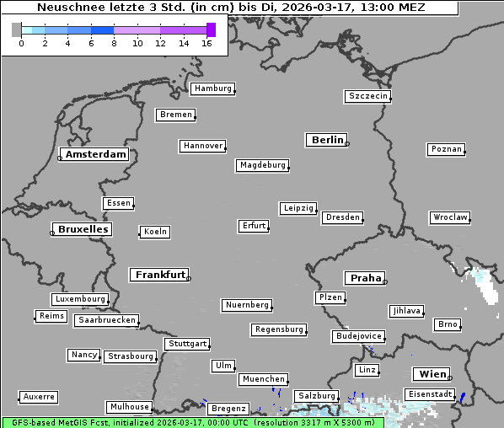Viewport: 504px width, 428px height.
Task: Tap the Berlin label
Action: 327,140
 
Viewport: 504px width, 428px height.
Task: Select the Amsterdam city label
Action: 95,154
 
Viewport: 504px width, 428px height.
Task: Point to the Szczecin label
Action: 367,96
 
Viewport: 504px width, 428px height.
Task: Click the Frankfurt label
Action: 159,275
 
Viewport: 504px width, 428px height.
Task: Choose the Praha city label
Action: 365,278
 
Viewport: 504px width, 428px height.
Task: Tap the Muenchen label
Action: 263,379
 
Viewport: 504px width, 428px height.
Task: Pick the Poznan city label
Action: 446,149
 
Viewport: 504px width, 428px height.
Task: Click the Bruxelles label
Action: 82,229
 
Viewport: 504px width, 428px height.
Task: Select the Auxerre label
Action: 39,396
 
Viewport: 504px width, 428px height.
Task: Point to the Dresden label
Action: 342,217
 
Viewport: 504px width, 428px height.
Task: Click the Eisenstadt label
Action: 430,394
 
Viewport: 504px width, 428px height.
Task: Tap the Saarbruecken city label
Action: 106,320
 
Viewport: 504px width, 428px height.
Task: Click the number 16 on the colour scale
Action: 206,44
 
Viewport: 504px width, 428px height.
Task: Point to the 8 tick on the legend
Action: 114,44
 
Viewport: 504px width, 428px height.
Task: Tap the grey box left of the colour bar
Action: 17,29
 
